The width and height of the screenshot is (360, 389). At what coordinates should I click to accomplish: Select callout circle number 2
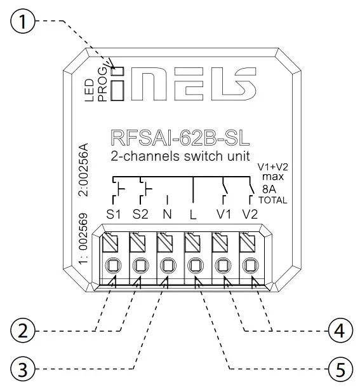(23, 331)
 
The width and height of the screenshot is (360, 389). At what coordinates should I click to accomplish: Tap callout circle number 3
(23, 368)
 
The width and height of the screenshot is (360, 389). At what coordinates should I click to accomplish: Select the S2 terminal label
(140, 214)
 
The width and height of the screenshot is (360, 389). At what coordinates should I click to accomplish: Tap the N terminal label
(167, 214)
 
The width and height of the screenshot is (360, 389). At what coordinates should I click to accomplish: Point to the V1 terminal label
(222, 214)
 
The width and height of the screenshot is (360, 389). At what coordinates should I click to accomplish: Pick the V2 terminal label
(250, 214)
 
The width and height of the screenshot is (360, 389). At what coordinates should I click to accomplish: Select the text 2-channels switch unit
(180, 156)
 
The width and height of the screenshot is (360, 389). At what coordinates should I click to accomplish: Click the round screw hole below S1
(112, 265)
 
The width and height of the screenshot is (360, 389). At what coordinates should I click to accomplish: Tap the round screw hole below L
(195, 265)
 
